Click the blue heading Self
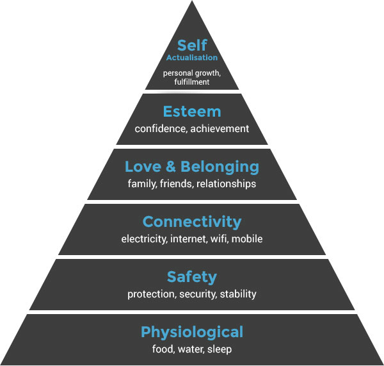click(192, 45)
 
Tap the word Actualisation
click(192, 58)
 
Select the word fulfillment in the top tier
click(192, 81)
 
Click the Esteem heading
click(192, 112)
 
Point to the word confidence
click(161, 129)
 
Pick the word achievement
click(220, 129)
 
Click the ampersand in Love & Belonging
click(171, 167)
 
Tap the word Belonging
click(220, 167)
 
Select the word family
click(142, 184)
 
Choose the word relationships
click(227, 184)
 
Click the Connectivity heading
click(192, 222)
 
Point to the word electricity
click(144, 239)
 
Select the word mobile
click(247, 238)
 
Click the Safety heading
click(192, 277)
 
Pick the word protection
click(152, 294)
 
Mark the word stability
click(238, 294)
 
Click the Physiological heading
click(192, 333)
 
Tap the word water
click(191, 349)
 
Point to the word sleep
click(220, 349)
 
